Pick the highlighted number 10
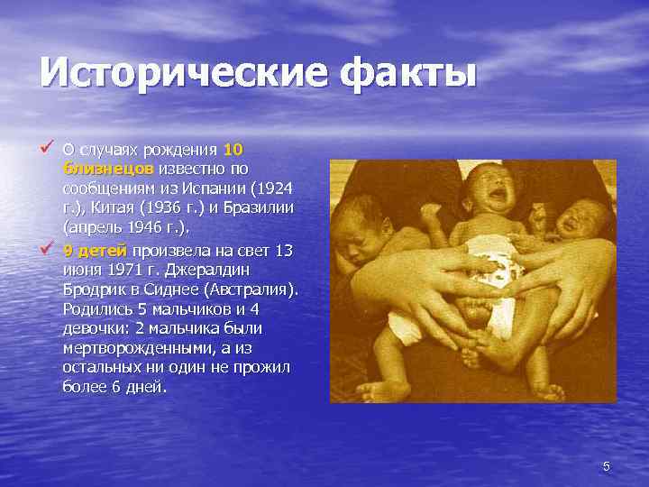(232, 149)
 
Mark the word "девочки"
(89, 328)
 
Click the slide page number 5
(606, 466)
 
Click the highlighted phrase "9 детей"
(96, 250)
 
